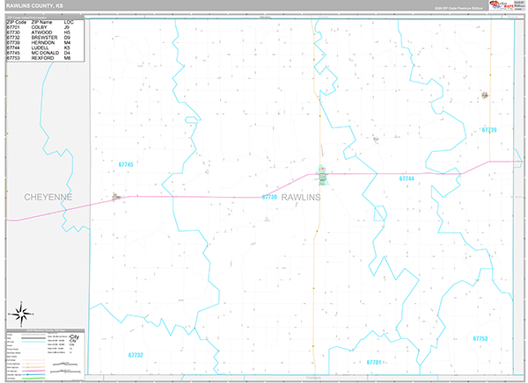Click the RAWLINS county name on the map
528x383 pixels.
point(301,197)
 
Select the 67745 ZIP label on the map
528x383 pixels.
point(126,164)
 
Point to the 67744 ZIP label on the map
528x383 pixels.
point(406,178)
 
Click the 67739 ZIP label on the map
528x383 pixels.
point(489,129)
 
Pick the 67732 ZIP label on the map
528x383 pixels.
point(135,355)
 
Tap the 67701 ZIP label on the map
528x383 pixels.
point(373,361)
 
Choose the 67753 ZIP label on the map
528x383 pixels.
point(480,338)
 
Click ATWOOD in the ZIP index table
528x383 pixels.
point(43,33)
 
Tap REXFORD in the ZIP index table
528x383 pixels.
point(44,59)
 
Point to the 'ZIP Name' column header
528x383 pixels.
point(42,22)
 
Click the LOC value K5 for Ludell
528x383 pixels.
point(67,48)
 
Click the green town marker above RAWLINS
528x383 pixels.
point(323,176)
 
